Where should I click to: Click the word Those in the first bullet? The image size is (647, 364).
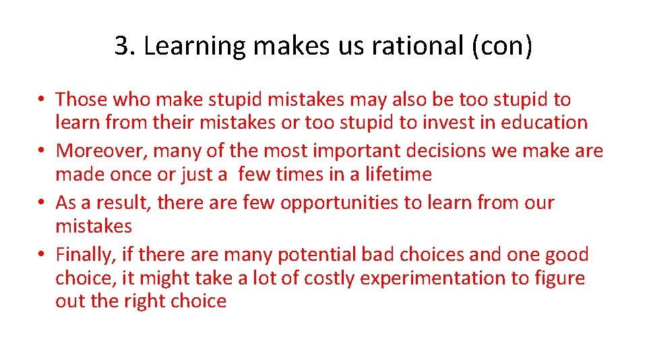(82, 100)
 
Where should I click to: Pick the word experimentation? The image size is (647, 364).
(435, 278)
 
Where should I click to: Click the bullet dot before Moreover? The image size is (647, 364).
(42, 151)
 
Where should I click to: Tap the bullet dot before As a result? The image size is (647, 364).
(42, 202)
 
